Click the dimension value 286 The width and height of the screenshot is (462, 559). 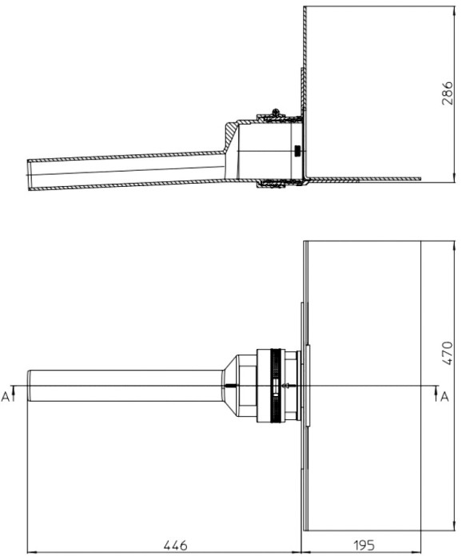click(x=448, y=93)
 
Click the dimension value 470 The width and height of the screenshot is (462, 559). click(x=448, y=353)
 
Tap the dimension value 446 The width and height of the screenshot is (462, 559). click(x=175, y=545)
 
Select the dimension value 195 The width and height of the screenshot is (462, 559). click(x=364, y=545)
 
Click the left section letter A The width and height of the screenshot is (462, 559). click(x=5, y=396)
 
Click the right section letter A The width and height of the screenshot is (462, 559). click(x=444, y=396)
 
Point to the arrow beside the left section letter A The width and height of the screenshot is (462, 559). click(x=14, y=394)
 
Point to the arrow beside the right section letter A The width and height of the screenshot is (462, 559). click(x=436, y=394)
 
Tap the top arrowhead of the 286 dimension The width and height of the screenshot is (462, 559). click(x=455, y=10)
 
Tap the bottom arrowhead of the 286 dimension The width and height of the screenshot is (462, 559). click(x=455, y=178)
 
